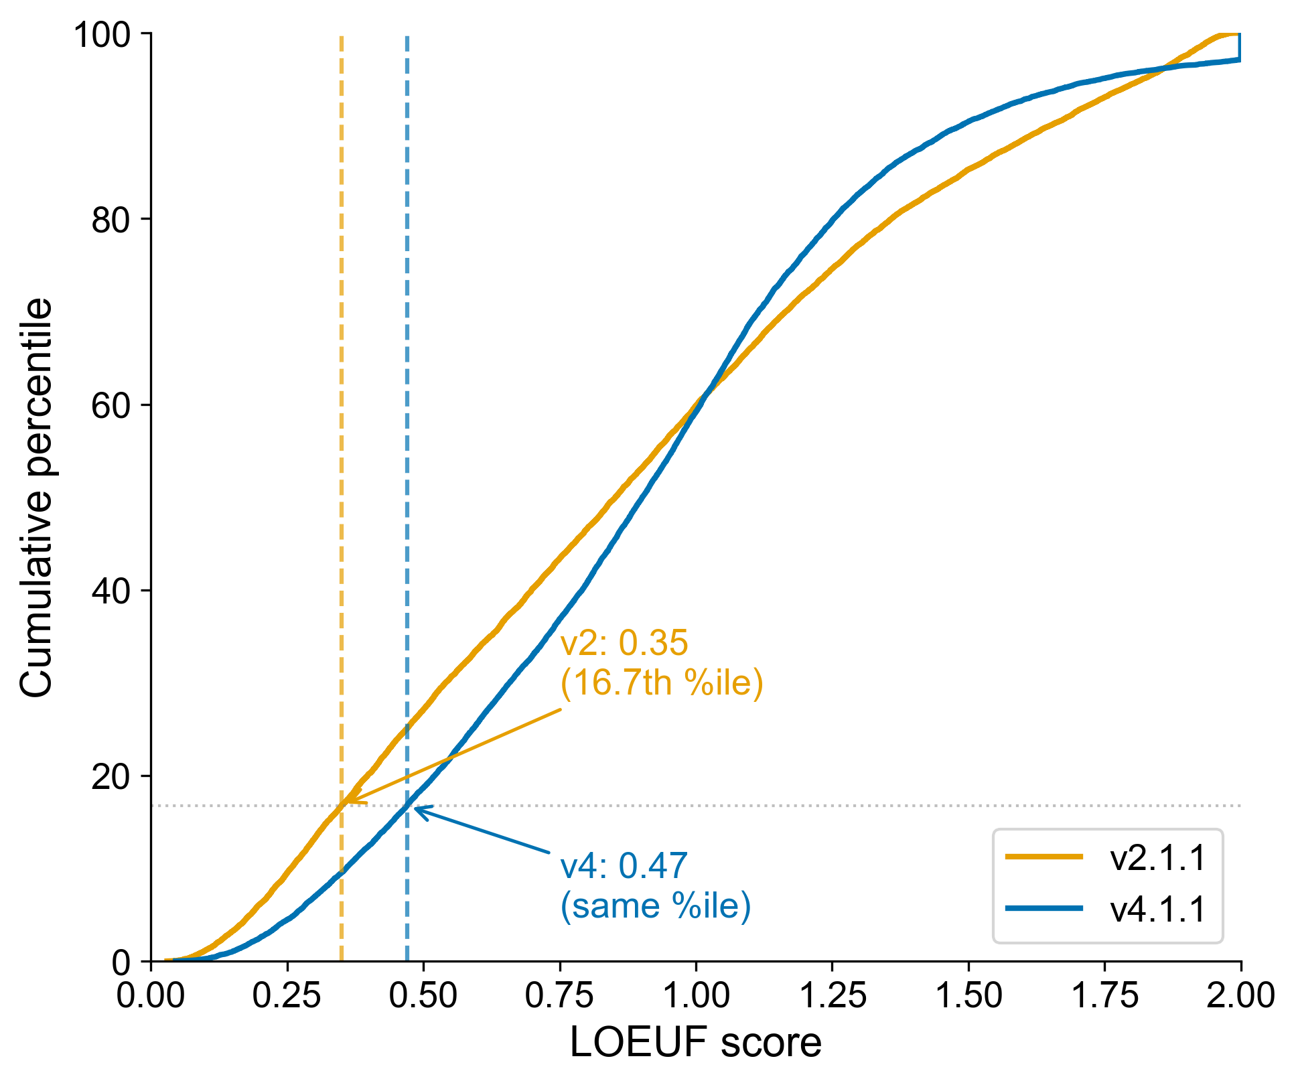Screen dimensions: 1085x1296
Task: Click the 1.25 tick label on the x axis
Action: pos(832,996)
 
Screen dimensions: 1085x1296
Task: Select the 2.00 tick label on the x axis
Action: pos(1240,996)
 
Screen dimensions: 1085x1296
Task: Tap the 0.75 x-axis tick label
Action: pos(559,996)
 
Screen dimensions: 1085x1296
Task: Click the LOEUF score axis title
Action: pos(695,1043)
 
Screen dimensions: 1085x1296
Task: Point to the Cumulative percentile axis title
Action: pos(36,498)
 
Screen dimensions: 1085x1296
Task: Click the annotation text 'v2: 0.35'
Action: pos(624,643)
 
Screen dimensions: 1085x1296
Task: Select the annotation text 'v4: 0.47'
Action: pos(624,865)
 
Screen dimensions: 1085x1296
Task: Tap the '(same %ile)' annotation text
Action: pos(655,906)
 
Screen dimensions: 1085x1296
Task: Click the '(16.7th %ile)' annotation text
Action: pos(661,682)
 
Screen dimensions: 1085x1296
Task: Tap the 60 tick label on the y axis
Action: pos(111,405)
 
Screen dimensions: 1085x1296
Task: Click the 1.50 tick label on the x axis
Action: pos(968,996)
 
